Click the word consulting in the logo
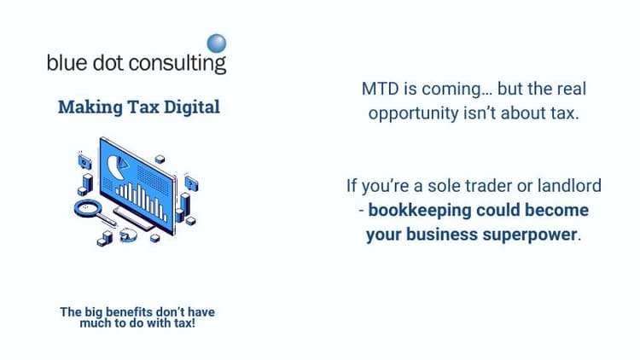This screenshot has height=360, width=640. pyautogui.click(x=182, y=63)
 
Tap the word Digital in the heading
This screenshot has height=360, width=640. pyautogui.click(x=193, y=107)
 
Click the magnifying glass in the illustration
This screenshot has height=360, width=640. pyautogui.click(x=90, y=209)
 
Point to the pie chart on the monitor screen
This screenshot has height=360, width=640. pyautogui.click(x=116, y=164)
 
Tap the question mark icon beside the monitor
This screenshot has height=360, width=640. pyautogui.click(x=191, y=183)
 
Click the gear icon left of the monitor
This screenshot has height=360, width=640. pyautogui.click(x=84, y=160)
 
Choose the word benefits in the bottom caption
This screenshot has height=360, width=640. pyautogui.click(x=134, y=312)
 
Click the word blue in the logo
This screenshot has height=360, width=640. pyautogui.click(x=67, y=63)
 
